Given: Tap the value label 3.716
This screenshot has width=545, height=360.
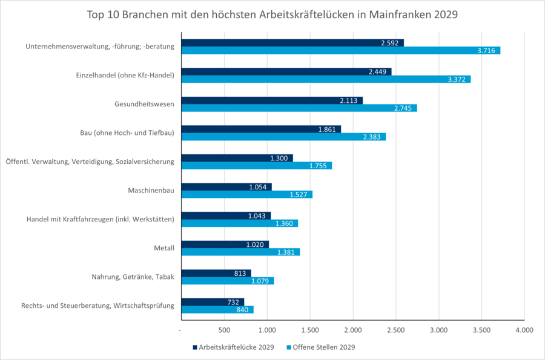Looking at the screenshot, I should [486, 51].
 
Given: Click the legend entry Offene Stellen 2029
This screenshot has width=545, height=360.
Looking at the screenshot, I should [324, 347].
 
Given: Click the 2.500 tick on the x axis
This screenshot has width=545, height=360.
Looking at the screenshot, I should [395, 330].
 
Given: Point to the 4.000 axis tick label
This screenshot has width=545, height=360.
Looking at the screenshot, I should [524, 330].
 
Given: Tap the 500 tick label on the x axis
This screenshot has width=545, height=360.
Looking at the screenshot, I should [224, 330].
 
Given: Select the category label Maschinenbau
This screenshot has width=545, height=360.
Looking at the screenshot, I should [151, 191].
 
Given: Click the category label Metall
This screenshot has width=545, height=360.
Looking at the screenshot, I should [164, 248].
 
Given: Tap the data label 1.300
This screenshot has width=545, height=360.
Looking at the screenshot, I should [280, 159].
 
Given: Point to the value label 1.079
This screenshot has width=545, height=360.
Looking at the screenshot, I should [261, 281].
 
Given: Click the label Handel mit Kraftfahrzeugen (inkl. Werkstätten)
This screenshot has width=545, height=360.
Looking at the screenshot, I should [101, 219].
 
